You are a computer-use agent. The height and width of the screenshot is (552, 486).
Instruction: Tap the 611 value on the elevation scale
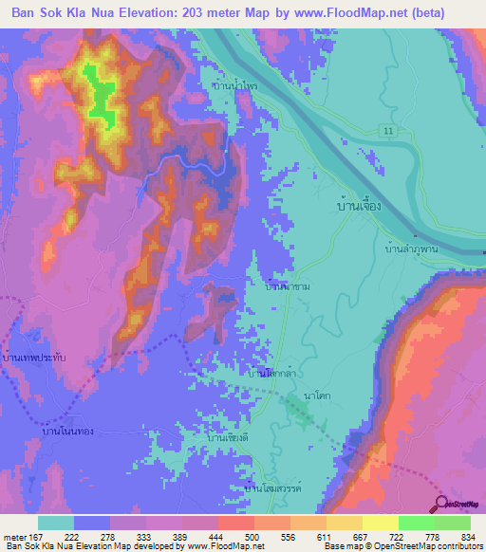327,537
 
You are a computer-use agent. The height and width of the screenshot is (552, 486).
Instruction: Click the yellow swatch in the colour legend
380,523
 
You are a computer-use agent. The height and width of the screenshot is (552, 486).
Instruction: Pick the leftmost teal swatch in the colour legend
56,523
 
